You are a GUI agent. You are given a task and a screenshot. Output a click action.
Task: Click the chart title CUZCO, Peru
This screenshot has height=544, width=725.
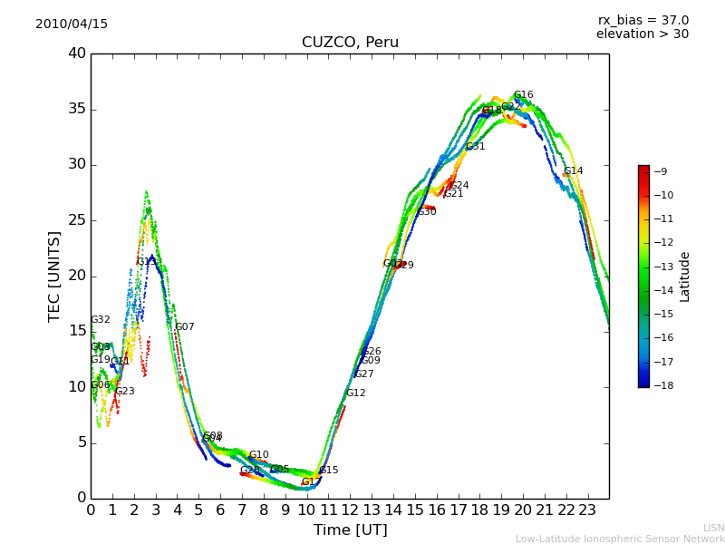tap(350, 43)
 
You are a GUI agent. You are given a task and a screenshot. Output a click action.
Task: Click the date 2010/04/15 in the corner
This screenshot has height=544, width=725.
tap(72, 24)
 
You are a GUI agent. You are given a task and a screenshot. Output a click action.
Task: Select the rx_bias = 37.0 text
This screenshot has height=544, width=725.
tap(643, 20)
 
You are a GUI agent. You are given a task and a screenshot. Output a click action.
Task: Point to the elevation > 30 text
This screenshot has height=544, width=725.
tap(642, 34)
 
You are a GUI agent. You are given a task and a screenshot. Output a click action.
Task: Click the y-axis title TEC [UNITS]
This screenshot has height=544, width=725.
tap(54, 276)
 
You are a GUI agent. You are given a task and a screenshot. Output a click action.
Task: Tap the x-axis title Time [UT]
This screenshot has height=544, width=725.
tap(350, 529)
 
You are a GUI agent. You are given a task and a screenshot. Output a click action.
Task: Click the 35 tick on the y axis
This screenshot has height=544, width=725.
tap(77, 109)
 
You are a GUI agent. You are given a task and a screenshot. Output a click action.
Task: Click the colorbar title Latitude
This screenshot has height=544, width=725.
tap(685, 277)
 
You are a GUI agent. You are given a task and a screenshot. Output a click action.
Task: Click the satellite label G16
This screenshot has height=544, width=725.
tap(523, 95)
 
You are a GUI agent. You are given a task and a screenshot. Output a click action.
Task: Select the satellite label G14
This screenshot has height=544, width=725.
tap(573, 171)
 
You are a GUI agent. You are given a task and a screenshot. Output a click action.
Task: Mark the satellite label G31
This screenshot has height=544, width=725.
tap(475, 147)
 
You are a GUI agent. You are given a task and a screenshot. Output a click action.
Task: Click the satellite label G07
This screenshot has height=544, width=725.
tap(184, 327)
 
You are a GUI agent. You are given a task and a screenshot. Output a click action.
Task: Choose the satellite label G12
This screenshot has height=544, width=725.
tap(355, 393)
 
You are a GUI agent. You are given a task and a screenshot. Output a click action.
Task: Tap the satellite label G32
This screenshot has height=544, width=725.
tap(100, 320)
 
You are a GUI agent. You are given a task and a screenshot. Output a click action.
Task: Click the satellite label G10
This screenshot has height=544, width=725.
tap(258, 455)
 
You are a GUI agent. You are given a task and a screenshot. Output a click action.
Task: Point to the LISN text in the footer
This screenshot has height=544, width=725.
tap(713, 528)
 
